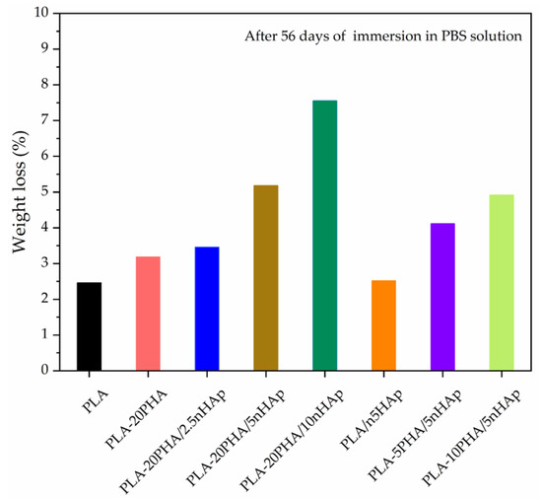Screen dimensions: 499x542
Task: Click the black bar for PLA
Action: coord(89,326)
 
